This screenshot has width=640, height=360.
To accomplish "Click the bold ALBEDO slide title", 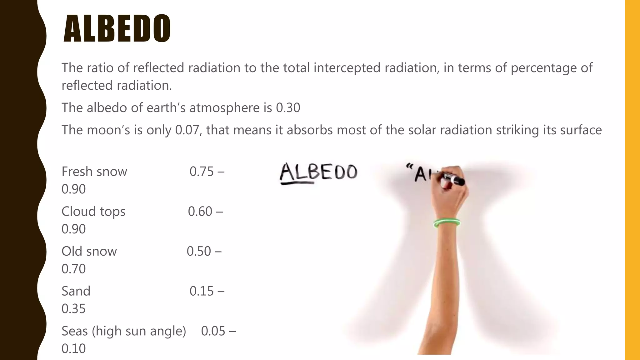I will pos(117,28).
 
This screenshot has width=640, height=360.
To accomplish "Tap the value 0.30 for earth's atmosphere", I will pos(288,108).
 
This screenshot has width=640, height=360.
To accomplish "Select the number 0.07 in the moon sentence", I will pos(187,130).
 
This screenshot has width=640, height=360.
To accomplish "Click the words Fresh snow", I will pos(94,172).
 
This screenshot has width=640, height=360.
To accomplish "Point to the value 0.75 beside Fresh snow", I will pos(202,172).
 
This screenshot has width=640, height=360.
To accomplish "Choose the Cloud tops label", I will pos(93,212).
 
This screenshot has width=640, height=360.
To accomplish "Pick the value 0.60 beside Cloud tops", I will pos(200,212).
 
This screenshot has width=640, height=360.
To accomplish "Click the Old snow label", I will pos(89,251).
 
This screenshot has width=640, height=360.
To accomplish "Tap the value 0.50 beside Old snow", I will pos(199,251).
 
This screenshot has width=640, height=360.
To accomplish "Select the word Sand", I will pos(76,291).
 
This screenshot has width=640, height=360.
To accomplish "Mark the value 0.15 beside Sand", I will pos(202,291).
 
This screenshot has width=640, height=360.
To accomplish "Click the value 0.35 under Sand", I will pos(73,309).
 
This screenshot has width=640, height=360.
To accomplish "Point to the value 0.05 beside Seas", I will pos(213,331).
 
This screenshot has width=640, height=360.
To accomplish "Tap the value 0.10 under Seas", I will pos(73,348).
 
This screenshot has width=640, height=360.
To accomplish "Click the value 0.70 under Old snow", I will pos(73,269).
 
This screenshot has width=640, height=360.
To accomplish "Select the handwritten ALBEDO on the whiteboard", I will pos(318,172).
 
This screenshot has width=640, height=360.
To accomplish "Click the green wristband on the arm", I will pos(447,223).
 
